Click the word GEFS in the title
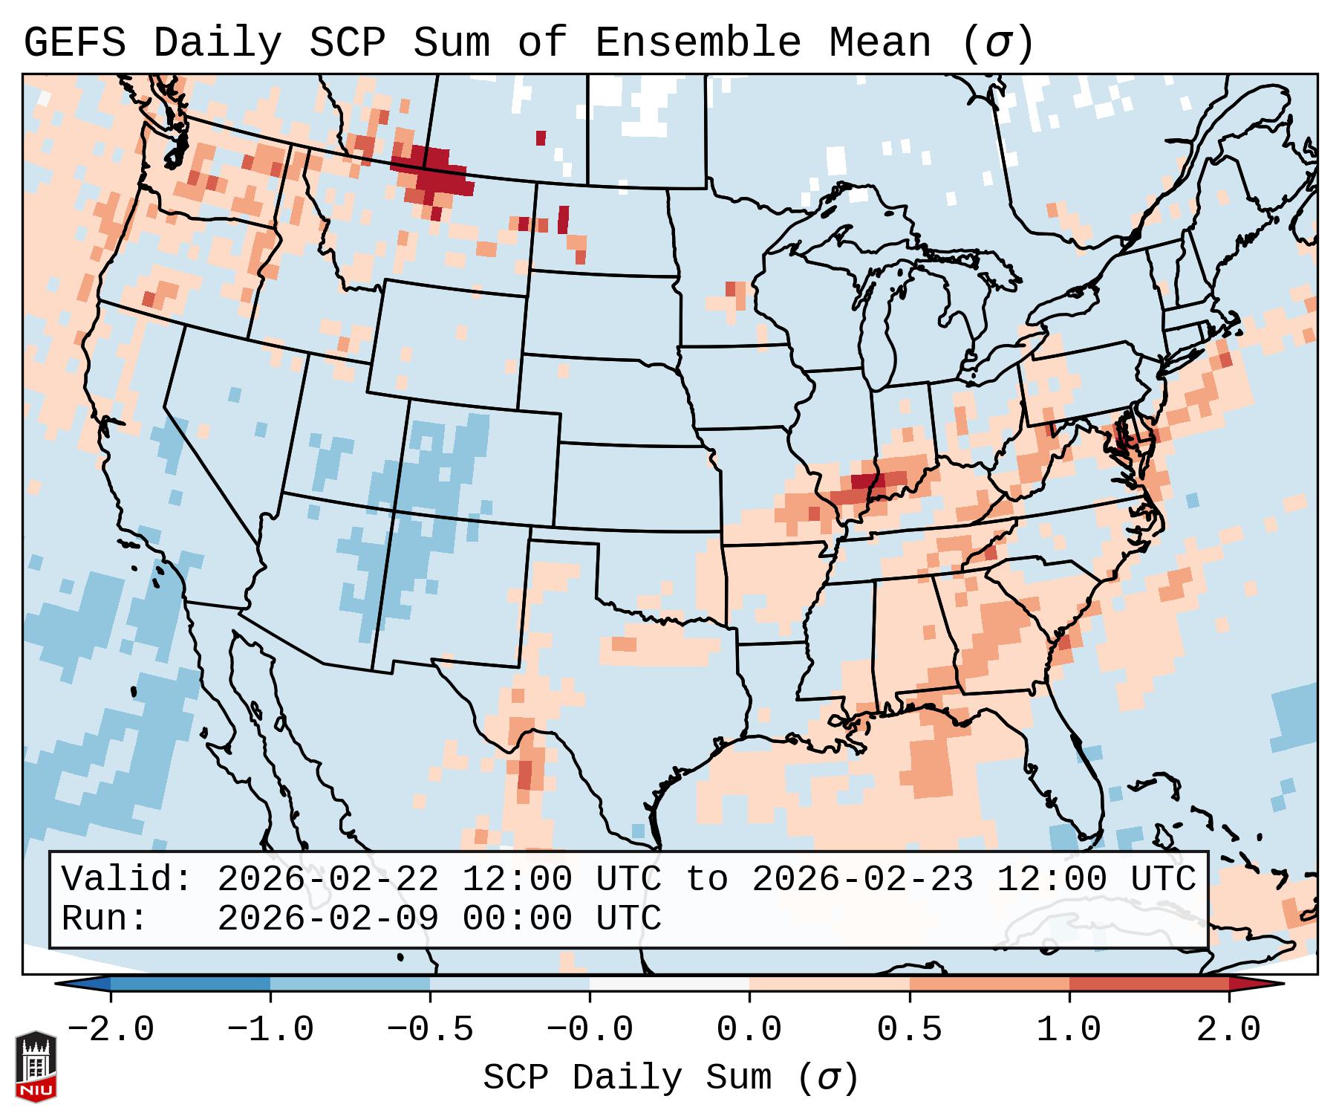point(75,43)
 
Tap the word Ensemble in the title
point(698,43)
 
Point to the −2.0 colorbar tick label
point(111,1030)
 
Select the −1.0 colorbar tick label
point(270,1030)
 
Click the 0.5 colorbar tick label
point(909,1030)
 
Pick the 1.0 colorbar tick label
point(1069,1030)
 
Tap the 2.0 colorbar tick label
point(1228,1030)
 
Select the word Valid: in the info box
point(127,880)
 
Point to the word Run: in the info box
point(105,918)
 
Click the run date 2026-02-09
point(328,918)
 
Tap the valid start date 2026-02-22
point(328,880)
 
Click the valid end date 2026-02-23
point(862,880)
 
